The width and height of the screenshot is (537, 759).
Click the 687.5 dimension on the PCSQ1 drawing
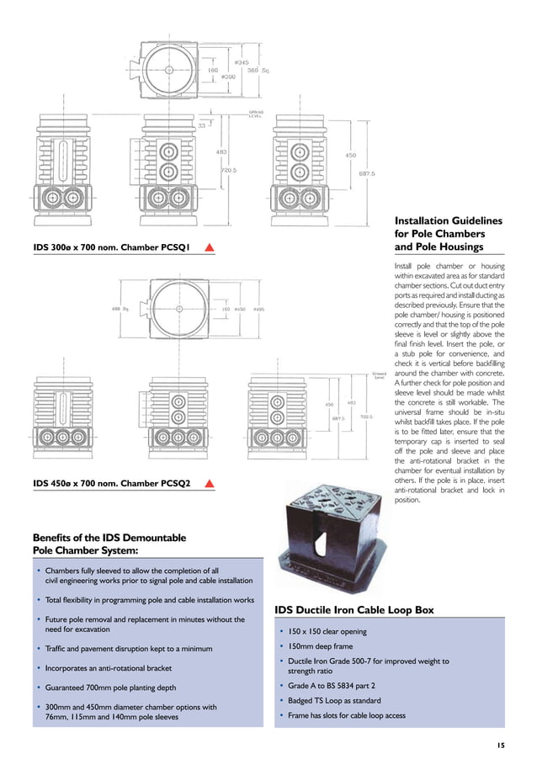click(366, 174)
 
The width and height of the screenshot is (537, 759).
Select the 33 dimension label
click(202, 126)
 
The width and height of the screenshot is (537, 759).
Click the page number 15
click(500, 745)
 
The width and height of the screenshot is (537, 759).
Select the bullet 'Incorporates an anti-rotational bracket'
click(108, 668)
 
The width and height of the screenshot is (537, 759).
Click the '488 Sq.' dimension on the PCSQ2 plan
click(120, 309)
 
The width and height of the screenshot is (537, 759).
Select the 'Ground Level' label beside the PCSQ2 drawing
click(380, 376)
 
